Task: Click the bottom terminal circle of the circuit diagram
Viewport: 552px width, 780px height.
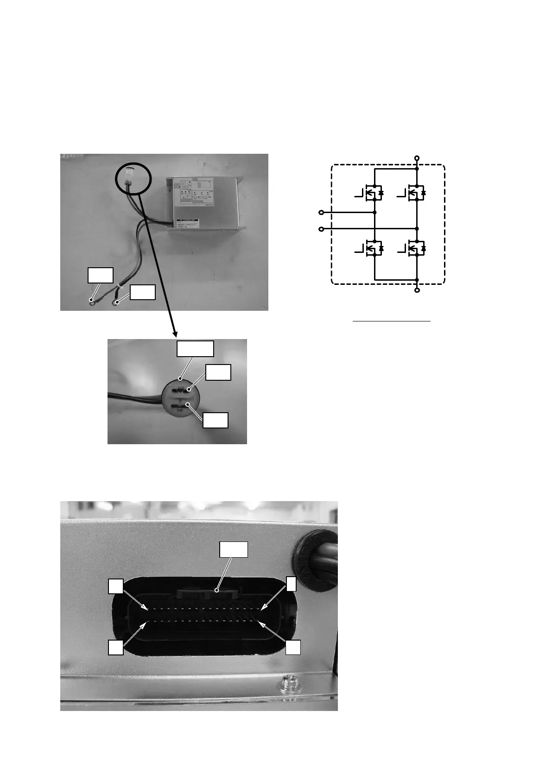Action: click(x=417, y=290)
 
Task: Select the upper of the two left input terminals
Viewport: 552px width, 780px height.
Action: click(x=321, y=213)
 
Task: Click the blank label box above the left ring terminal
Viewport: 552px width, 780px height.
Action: click(x=101, y=275)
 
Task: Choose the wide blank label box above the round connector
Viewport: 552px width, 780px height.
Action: click(x=195, y=348)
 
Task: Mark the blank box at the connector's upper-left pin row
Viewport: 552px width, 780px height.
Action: click(x=116, y=586)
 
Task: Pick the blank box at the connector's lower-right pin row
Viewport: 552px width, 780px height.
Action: click(x=293, y=648)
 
